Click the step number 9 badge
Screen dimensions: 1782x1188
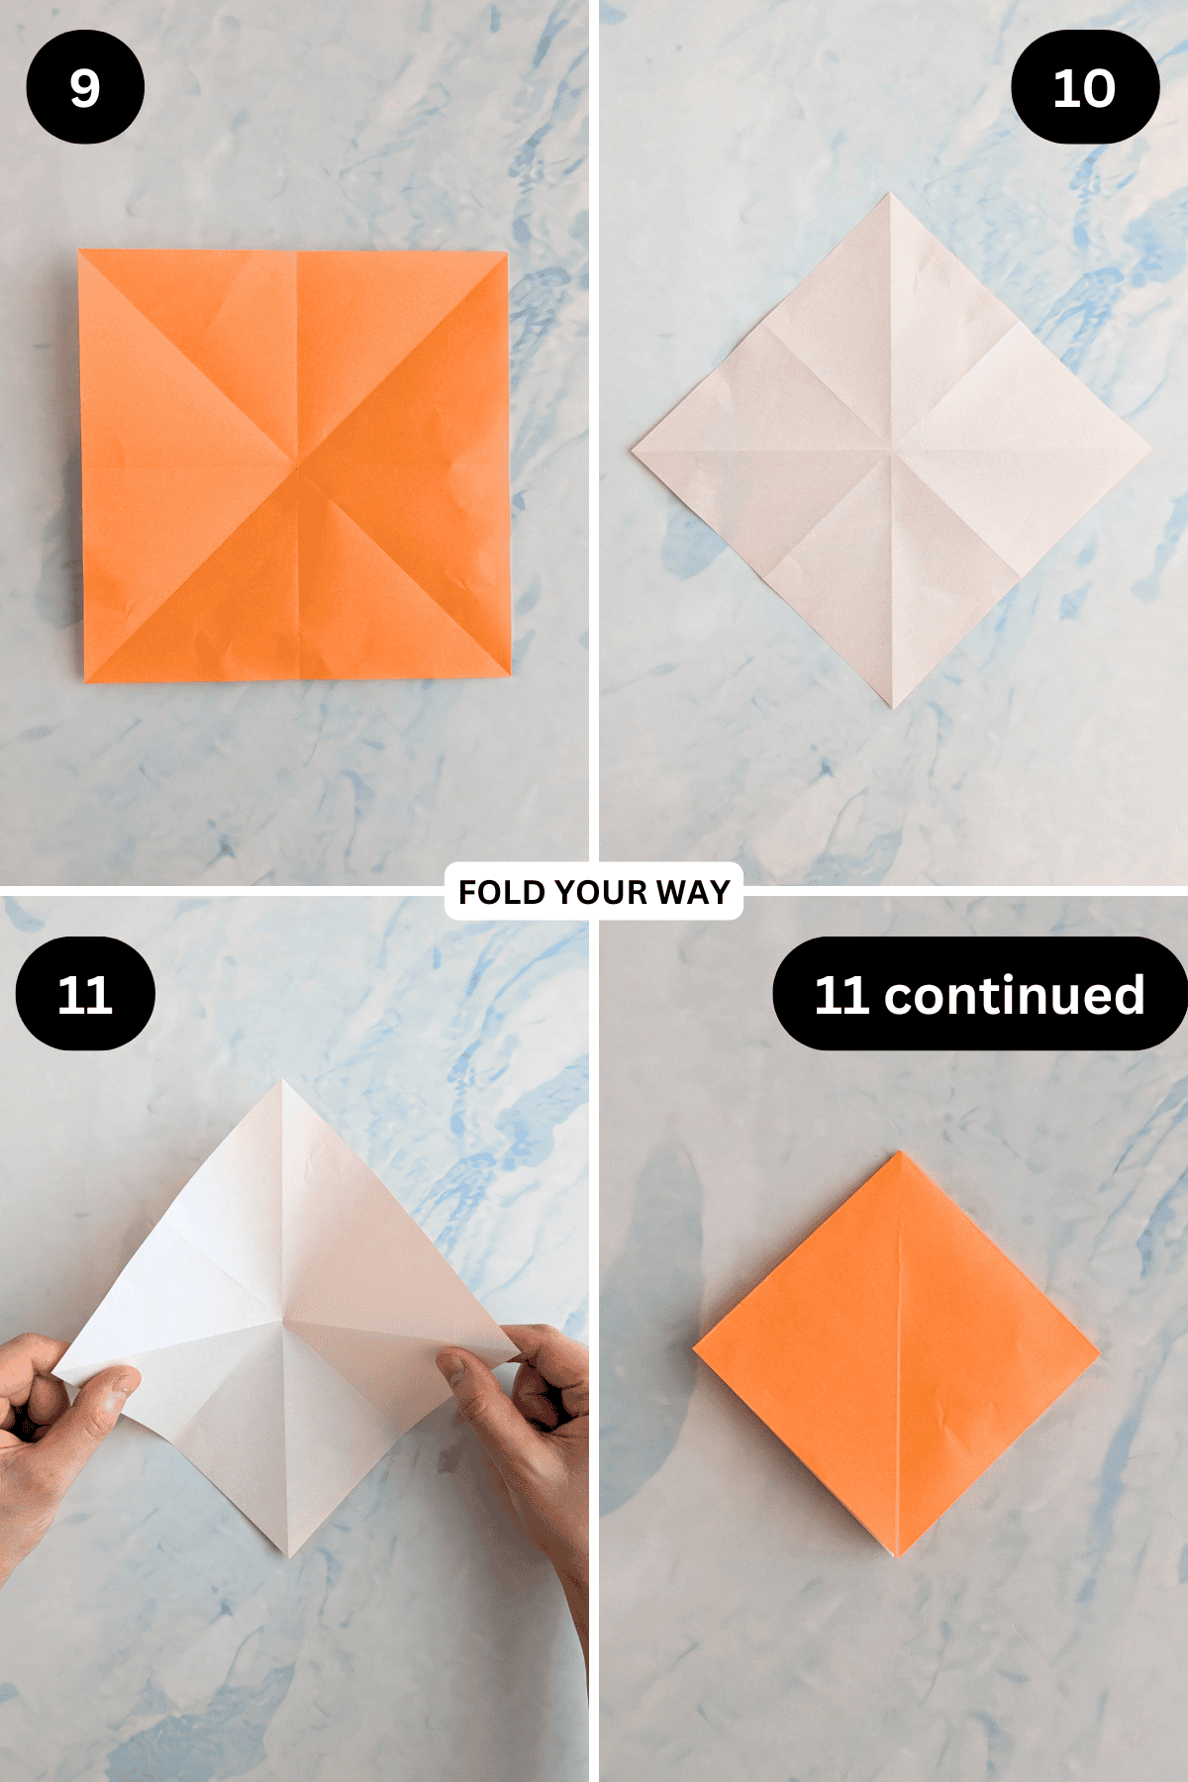tap(85, 87)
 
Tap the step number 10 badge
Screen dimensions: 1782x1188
tap(1084, 87)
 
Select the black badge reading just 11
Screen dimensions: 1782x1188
tap(85, 994)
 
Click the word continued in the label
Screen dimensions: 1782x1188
tap(1014, 994)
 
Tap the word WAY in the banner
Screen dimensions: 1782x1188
tap(693, 892)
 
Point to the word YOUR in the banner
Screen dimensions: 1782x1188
tap(600, 892)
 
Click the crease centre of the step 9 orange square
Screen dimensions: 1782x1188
tap(297, 461)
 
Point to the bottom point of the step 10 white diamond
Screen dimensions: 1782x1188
tap(892, 706)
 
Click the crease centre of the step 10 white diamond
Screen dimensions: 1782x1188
tap(891, 450)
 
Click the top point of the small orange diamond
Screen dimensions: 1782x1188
tap(900, 1153)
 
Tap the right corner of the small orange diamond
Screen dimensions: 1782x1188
tap(1097, 1348)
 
